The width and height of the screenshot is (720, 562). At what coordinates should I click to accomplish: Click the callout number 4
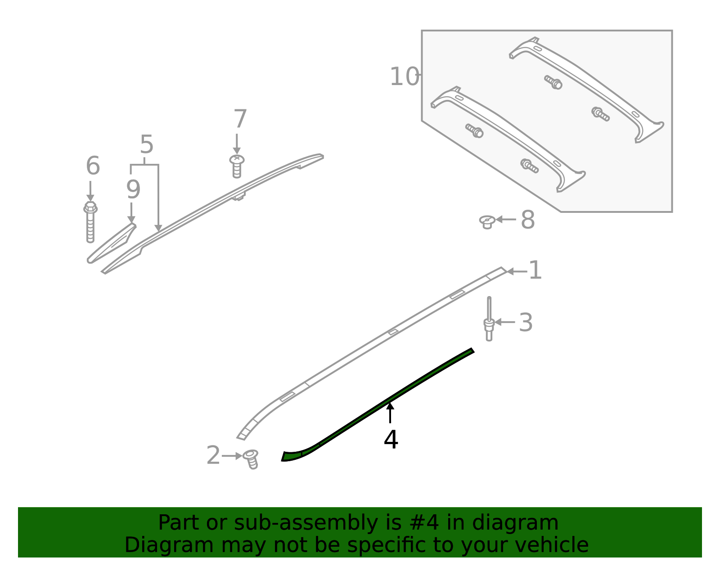pos(391,440)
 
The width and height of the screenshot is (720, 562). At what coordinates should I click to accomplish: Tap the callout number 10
pos(404,76)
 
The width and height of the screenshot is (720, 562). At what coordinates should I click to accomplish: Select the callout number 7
pos(240,119)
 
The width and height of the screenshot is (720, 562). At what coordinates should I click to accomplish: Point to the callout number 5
pos(147,145)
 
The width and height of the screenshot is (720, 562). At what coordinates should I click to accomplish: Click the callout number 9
pos(133,189)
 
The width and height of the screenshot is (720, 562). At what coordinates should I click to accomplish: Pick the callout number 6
pos(93,166)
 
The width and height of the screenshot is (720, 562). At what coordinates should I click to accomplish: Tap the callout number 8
pos(527,220)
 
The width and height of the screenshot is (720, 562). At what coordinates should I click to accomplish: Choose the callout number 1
pos(535,271)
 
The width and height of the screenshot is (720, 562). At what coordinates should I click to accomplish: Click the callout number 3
pos(526,323)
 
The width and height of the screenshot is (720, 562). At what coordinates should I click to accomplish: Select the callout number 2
pos(213,456)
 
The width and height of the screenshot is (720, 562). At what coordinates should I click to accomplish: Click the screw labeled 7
pos(237,166)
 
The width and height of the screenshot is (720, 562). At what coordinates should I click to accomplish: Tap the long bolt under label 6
pos(90,222)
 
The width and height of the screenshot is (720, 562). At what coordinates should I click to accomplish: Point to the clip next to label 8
pos(487,221)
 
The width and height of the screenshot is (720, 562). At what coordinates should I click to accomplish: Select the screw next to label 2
pos(251,459)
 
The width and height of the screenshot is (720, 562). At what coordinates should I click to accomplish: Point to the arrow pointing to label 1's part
pos(517,271)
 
